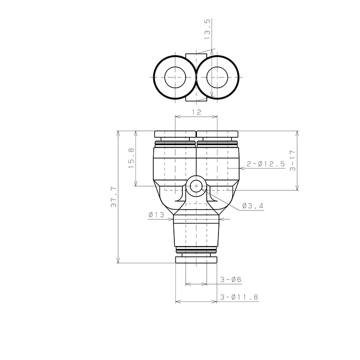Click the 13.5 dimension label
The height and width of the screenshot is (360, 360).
[207, 29]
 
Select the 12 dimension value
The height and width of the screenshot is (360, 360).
[196, 112]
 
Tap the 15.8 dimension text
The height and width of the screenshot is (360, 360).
[131, 158]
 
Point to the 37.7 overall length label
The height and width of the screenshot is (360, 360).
[113, 197]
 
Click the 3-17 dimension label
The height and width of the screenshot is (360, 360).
[292, 160]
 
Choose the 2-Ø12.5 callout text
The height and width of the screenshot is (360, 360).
[266, 164]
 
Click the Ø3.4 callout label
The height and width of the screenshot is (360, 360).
[253, 206]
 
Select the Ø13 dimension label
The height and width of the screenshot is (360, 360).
[157, 215]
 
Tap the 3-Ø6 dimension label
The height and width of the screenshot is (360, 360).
[231, 280]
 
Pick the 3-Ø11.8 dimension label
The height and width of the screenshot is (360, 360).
[239, 297]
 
